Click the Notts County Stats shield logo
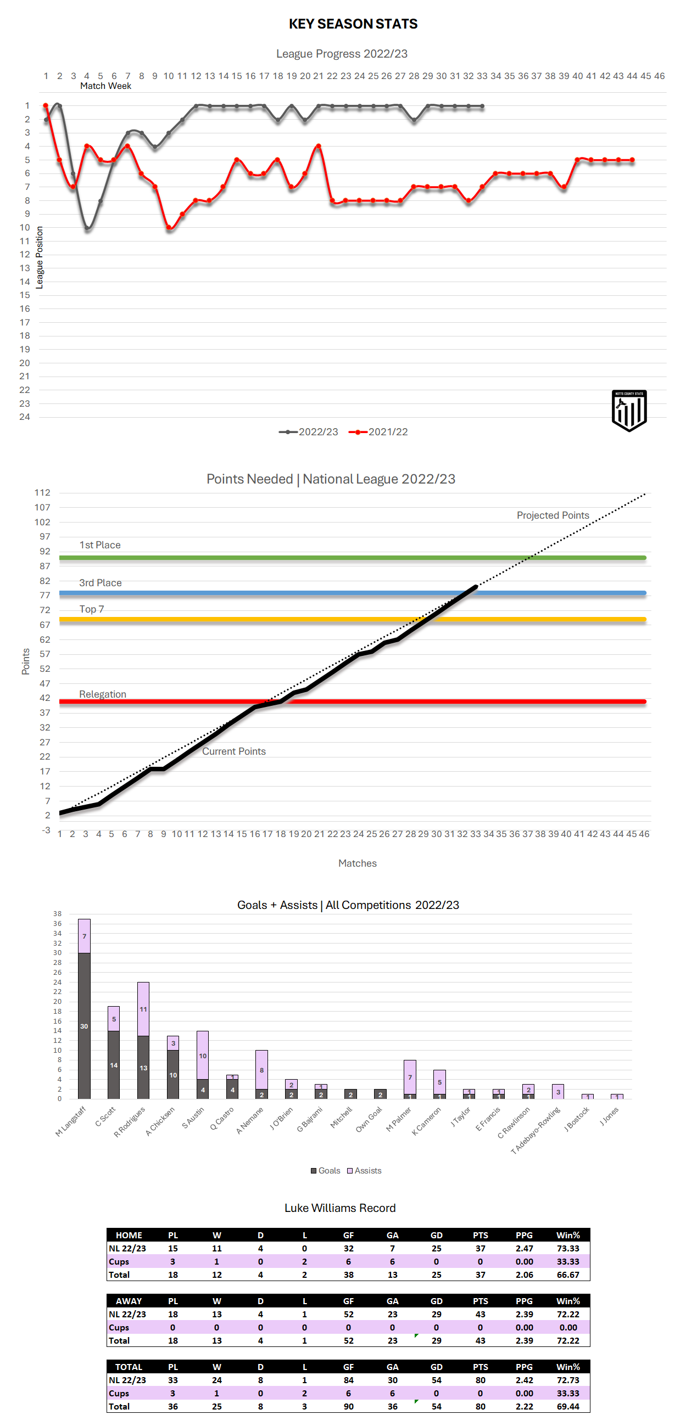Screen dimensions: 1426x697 [629, 410]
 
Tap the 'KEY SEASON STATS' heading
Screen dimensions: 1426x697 [353, 24]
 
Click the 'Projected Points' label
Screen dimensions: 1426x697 [553, 515]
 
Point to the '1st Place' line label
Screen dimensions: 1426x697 [100, 544]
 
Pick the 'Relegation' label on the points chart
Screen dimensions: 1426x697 [103, 694]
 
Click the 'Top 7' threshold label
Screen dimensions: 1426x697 [91, 609]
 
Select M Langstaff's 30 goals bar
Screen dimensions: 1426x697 [84, 1025]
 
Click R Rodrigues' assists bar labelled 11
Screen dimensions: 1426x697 [143, 1009]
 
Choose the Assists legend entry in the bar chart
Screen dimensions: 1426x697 [364, 1170]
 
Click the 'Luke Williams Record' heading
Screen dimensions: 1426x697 [339, 1208]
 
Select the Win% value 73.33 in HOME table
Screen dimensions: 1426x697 [568, 1248]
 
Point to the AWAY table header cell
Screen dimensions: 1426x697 [129, 1301]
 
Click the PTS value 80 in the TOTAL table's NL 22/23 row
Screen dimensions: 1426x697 [480, 1380]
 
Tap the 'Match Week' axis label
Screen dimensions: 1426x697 [105, 86]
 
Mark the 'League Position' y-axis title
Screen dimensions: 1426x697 [40, 257]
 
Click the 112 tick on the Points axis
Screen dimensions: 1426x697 [42, 493]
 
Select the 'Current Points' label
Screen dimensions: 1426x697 [233, 751]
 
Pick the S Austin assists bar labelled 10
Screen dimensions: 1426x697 [203, 1055]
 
